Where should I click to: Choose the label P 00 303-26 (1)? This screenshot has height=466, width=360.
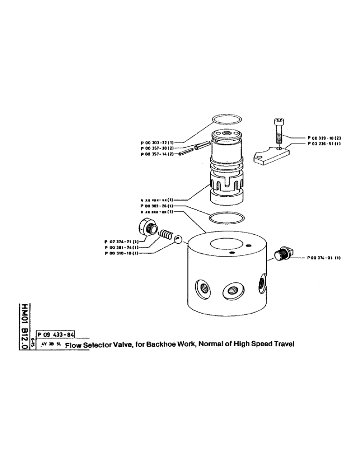(157, 206)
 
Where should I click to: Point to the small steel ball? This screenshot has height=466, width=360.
(178, 239)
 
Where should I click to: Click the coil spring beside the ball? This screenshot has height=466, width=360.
(166, 234)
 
